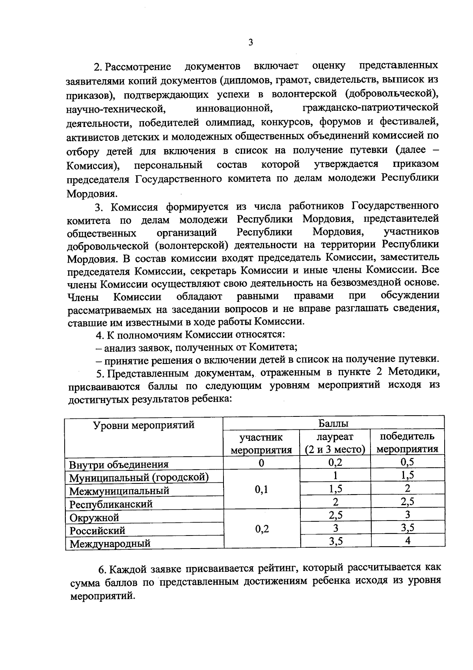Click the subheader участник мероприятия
261,443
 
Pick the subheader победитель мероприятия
407,443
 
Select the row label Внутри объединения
119,465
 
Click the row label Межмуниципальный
119,491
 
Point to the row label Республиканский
111,504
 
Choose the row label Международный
110,544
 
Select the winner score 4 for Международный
408,541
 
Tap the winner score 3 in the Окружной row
408,514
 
